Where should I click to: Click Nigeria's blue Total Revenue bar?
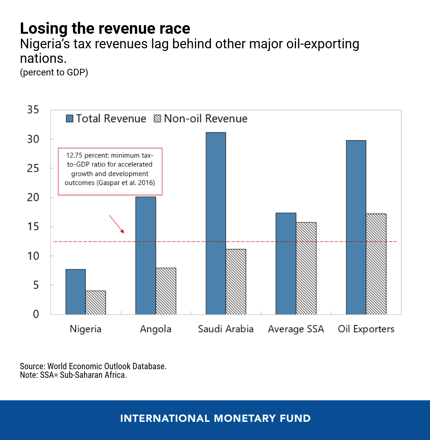tap(75, 292)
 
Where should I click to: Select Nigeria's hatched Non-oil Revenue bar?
tap(96, 302)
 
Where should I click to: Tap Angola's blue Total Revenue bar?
tap(146, 255)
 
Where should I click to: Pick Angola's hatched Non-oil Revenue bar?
tap(166, 291)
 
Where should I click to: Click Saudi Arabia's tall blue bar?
tap(216, 223)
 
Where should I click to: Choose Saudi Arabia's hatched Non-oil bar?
tap(236, 282)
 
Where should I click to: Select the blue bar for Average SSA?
tap(286, 263)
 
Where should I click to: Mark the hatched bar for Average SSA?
tap(306, 268)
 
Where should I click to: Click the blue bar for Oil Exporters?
tap(356, 227)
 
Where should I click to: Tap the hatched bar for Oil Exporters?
tap(376, 264)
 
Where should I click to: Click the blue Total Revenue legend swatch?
tap(69, 118)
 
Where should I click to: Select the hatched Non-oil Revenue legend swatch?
tap(157, 118)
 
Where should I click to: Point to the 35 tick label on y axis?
tap(33, 110)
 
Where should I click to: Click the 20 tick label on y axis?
tap(33, 198)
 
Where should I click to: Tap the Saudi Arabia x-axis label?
tap(226, 329)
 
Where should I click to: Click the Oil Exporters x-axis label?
tap(366, 329)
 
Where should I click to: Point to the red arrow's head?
tap(123, 232)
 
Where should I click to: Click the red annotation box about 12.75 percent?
tap(110, 171)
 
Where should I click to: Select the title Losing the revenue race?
tap(105, 28)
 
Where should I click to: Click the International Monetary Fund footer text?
tap(215, 418)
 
